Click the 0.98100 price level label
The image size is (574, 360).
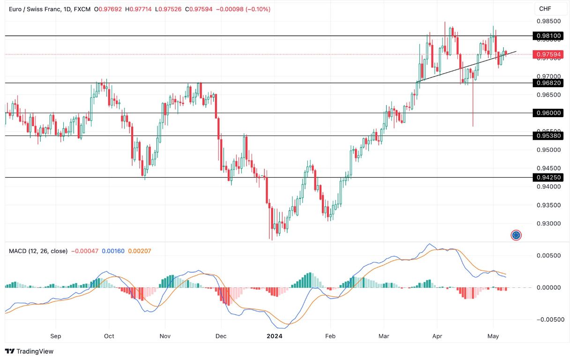(548, 36)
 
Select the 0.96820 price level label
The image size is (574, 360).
(548, 83)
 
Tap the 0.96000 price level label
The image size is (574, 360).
(548, 113)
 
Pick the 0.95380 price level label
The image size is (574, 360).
(548, 136)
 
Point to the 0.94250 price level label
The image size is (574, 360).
(548, 177)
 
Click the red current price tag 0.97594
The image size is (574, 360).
(548, 54)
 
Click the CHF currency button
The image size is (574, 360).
(545, 9)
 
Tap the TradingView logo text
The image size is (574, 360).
(30, 351)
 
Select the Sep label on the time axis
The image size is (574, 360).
(55, 336)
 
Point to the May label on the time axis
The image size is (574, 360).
(493, 336)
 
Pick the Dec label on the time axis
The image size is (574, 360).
(221, 336)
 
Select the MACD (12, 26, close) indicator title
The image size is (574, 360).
(38, 251)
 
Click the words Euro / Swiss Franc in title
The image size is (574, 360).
(30, 9)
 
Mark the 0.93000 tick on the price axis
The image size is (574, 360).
(549, 224)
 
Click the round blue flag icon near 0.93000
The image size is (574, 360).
(516, 235)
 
